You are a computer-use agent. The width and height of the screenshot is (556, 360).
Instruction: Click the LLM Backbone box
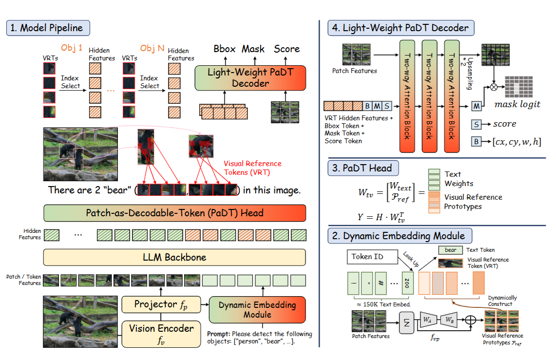pos(174,257)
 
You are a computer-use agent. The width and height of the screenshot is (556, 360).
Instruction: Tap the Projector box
pos(161,305)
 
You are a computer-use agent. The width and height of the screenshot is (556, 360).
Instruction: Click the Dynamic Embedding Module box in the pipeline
pos(257,310)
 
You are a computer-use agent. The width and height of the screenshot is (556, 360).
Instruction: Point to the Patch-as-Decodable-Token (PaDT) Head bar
pos(174,213)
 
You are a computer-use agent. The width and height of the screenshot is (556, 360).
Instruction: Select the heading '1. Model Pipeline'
pos(48,28)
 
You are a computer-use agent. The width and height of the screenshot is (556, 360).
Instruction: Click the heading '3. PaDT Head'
pos(363,169)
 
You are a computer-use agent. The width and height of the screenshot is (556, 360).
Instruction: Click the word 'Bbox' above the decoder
pos(225,49)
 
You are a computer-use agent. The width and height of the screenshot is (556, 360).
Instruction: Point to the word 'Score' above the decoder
pos(287,49)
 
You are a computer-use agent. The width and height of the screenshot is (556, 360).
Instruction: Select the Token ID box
pos(368,257)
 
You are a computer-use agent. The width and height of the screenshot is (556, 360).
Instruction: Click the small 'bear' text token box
pos(450,250)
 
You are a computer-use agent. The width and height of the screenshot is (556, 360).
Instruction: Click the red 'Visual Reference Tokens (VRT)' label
pos(252,168)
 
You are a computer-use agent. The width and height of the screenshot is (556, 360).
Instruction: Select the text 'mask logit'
pos(517,104)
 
